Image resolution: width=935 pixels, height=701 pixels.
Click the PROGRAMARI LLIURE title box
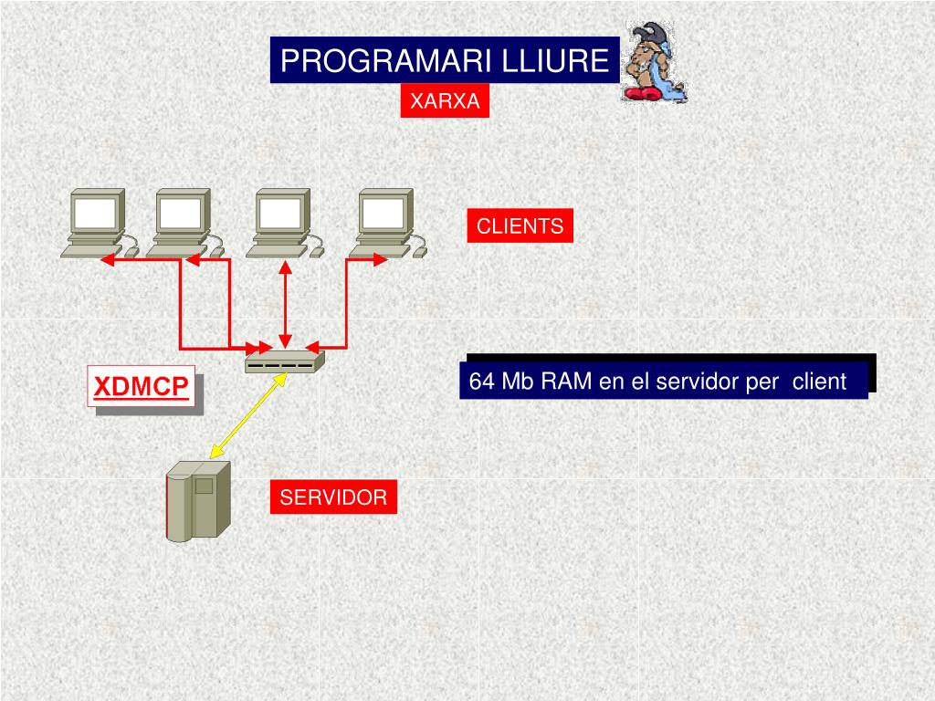pyautogui.click(x=445, y=60)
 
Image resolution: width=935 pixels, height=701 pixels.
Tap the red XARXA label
pyautogui.click(x=444, y=101)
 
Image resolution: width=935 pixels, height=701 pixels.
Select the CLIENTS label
pyautogui.click(x=520, y=226)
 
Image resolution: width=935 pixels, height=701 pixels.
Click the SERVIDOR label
pyautogui.click(x=333, y=497)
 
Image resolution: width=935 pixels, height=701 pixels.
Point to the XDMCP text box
pyautogui.click(x=142, y=388)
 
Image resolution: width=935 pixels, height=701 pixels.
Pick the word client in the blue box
pyautogui.click(x=819, y=382)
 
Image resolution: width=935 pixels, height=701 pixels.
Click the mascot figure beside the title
pyautogui.click(x=654, y=62)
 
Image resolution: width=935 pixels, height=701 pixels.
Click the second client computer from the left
pyautogui.click(x=182, y=223)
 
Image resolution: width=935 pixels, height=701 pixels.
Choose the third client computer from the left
pyautogui.click(x=282, y=223)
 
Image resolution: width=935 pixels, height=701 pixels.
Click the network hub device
pyautogui.click(x=284, y=362)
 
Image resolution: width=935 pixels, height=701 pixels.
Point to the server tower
pyautogui.click(x=196, y=500)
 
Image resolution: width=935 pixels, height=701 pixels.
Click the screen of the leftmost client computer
pyautogui.click(x=95, y=214)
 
